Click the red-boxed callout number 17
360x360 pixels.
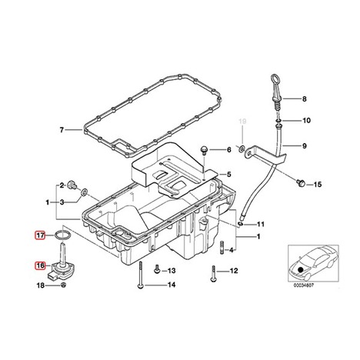[x=40, y=235]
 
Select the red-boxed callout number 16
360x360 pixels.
[x=40, y=265]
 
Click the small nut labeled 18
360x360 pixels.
[x=63, y=285]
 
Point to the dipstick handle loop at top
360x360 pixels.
[x=274, y=80]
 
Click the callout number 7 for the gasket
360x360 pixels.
[x=62, y=130]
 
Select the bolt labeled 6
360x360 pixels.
[x=204, y=150]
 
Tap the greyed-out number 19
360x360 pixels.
[x=242, y=121]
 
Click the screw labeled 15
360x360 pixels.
[x=301, y=182]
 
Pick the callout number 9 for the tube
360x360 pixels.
[x=305, y=145]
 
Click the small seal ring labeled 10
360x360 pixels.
[x=279, y=120]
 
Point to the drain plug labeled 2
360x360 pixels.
[x=72, y=185]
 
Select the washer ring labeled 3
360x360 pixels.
[x=84, y=192]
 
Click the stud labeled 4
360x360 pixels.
[x=222, y=248]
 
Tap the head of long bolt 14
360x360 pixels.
[x=139, y=286]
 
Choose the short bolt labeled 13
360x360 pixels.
[x=157, y=270]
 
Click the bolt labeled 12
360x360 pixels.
[x=213, y=274]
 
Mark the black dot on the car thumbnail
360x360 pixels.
[x=301, y=269]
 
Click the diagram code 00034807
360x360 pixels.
[x=304, y=285]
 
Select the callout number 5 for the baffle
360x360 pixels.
[x=228, y=175]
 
